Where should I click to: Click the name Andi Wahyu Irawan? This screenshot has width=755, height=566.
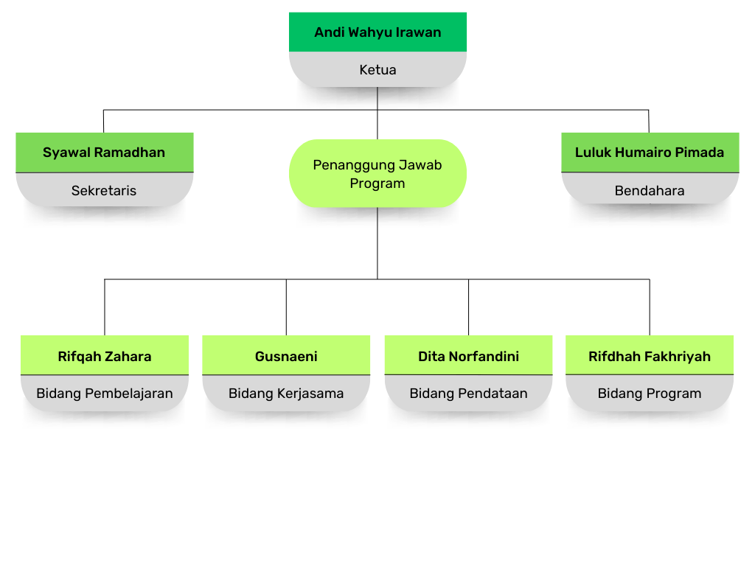(377, 32)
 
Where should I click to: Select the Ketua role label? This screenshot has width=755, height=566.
(377, 70)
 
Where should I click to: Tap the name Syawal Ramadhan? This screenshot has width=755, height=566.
(104, 153)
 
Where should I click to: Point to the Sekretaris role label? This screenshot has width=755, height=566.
(104, 191)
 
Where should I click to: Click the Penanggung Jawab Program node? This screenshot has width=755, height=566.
(377, 174)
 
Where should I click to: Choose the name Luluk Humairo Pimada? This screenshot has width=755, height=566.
(650, 153)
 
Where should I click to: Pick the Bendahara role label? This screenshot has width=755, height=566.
(650, 191)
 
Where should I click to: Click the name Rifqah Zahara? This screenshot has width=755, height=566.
(105, 357)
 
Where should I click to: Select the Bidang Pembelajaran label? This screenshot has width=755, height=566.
(105, 394)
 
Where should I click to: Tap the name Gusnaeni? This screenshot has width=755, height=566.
(286, 357)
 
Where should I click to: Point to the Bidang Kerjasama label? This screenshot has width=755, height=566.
(286, 394)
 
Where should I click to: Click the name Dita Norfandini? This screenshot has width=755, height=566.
(468, 357)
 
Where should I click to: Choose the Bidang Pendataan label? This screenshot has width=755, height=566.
(468, 394)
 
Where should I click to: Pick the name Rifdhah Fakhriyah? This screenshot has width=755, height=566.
(650, 357)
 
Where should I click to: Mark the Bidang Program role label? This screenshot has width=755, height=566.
(650, 394)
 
